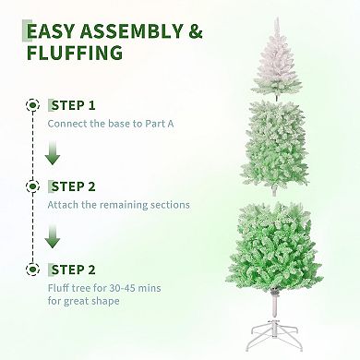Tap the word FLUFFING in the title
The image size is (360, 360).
click(x=75, y=54)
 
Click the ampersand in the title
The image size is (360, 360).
click(x=194, y=31)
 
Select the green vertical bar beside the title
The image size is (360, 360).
click(x=23, y=42)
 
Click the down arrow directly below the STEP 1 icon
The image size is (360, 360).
click(x=34, y=152)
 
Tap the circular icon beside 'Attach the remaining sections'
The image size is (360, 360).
click(x=34, y=186)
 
